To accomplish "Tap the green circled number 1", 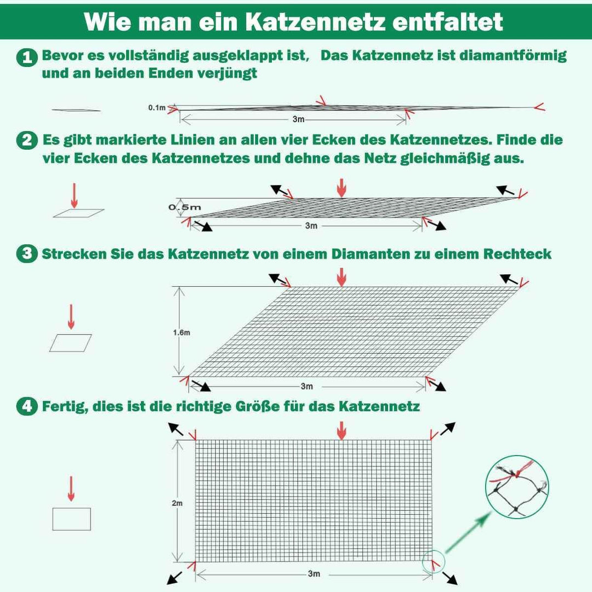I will tap(26, 57).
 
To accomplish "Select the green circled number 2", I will tap(26, 141).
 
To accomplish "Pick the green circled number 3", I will tap(26, 254).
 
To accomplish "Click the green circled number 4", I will tap(26, 407).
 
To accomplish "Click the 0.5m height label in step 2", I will tap(185, 207).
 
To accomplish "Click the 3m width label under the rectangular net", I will tap(314, 573).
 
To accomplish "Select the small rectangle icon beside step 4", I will tap(71, 519).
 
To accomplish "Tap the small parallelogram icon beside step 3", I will tap(71, 343).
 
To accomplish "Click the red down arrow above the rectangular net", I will tap(341, 430).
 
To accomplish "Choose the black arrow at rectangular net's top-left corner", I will tap(176, 429).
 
